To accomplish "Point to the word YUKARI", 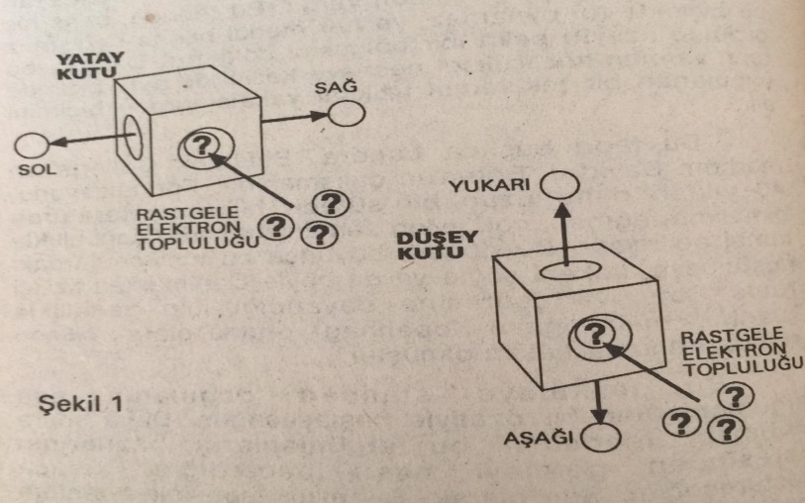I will click(x=502, y=186).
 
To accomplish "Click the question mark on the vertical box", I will click(x=590, y=332).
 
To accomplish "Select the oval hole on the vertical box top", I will click(x=565, y=268).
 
